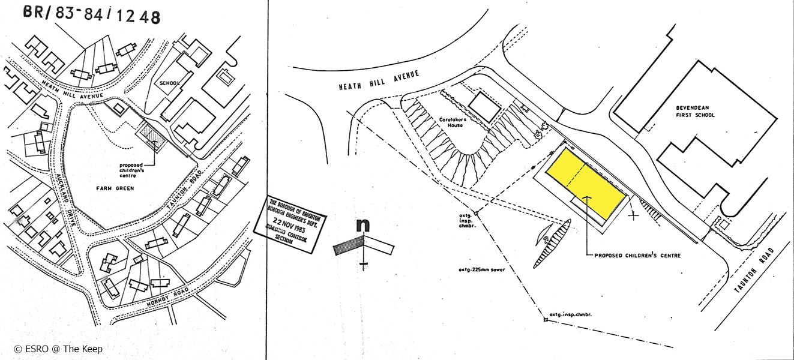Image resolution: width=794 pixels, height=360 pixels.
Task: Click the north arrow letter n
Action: [362, 225]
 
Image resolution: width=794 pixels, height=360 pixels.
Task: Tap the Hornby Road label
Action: [169, 299]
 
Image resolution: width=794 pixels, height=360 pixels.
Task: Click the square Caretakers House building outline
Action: [483, 107]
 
